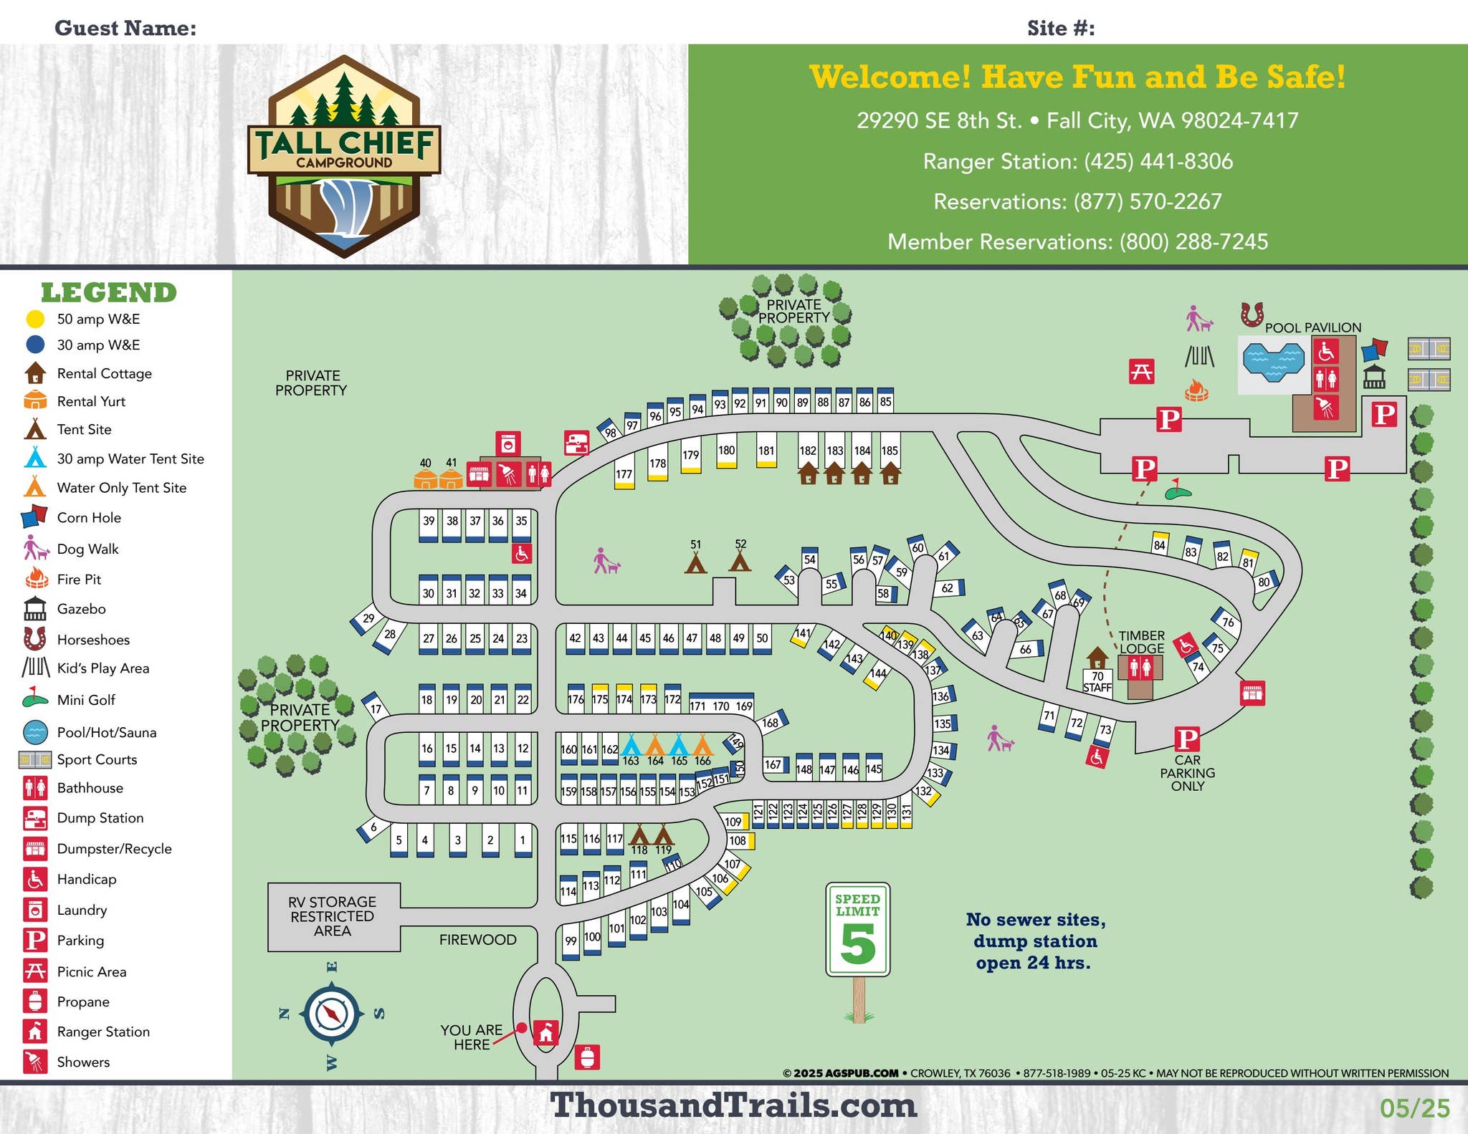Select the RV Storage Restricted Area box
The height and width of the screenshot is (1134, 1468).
(333, 916)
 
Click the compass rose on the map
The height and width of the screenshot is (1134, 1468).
(332, 1014)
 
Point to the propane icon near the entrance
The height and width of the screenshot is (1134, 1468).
(587, 1057)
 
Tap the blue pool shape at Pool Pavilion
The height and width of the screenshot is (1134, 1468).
(1273, 361)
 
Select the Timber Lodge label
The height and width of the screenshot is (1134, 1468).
(1142, 642)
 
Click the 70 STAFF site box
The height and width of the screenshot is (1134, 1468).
(1097, 681)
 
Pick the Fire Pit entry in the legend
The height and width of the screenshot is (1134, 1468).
(79, 580)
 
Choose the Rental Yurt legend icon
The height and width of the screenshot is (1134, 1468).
(35, 400)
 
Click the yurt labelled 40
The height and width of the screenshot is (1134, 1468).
(426, 479)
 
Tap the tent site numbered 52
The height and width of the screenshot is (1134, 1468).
(740, 559)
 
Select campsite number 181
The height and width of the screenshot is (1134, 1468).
(766, 451)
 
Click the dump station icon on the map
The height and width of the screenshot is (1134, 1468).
(576, 443)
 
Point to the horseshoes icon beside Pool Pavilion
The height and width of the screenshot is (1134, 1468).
(1252, 314)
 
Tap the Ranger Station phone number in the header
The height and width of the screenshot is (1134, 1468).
(1077, 161)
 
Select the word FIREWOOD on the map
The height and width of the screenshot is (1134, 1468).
(477, 940)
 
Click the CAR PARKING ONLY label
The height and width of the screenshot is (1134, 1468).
(1188, 773)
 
